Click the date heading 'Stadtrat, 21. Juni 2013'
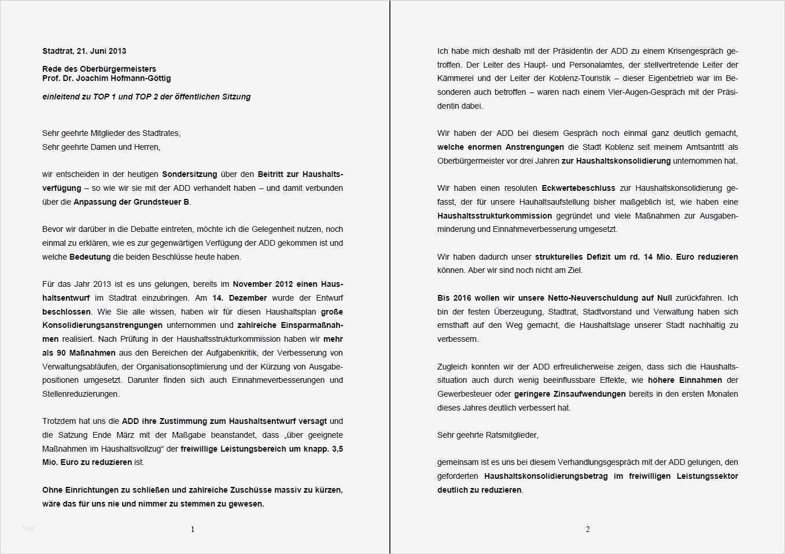[84, 51]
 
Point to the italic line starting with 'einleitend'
[146, 97]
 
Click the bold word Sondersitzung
[189, 174]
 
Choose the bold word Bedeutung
[90, 257]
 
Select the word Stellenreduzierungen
[81, 394]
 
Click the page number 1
[193, 529]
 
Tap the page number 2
[588, 529]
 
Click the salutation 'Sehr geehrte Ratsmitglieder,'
[488, 435]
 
